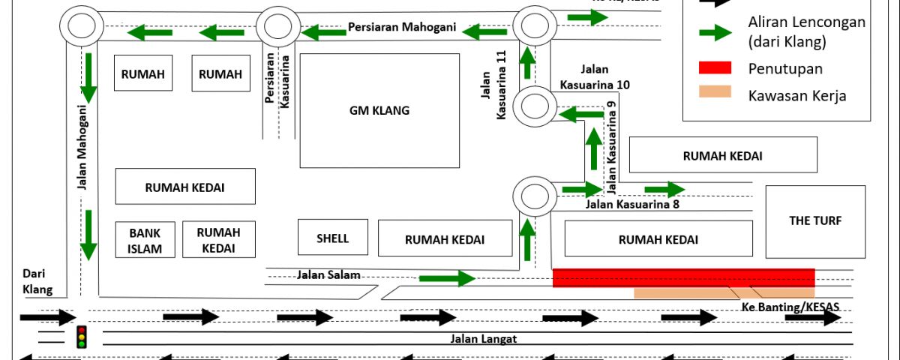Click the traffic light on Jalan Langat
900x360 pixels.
[x=81, y=337]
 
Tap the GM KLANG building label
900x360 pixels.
[x=379, y=111]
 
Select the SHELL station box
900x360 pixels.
[x=333, y=238]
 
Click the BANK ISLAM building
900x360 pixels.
[x=145, y=240]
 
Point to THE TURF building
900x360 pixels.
[x=815, y=220]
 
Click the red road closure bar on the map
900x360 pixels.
[x=683, y=277]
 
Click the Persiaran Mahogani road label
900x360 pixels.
[x=402, y=27]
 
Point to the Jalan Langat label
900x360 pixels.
[x=483, y=338]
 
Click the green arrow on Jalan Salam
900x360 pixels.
[x=447, y=280]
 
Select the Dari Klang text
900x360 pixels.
[x=37, y=280]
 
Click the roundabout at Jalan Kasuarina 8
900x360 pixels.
[x=533, y=196]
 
